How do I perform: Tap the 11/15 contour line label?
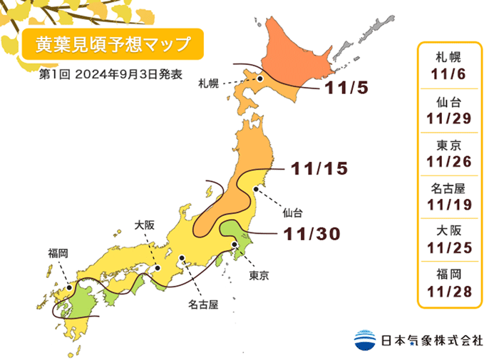(319, 169)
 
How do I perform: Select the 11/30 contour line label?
(310, 233)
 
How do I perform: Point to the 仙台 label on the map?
(292, 212)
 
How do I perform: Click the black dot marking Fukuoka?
(68, 289)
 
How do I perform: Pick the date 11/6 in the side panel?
(451, 73)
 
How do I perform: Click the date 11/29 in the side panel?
(451, 117)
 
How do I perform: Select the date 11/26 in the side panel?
(451, 161)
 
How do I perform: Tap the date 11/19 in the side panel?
(451, 205)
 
